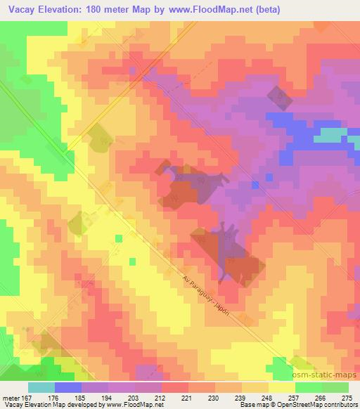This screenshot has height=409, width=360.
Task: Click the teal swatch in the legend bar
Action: click(x=41, y=388)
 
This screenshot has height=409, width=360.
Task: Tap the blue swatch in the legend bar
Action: click(x=68, y=388)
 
